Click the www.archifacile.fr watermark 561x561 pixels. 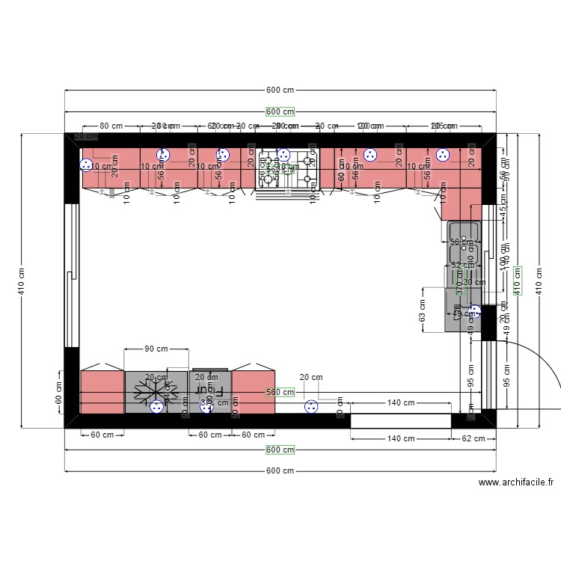tap(516, 484)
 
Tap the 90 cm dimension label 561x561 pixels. tap(156, 349)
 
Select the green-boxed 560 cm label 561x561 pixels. tap(280, 392)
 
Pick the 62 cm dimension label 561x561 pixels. tap(473, 438)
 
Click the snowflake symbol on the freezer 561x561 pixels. tap(156, 391)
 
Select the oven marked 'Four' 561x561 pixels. tap(209, 391)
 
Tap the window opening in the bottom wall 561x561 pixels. tap(401, 420)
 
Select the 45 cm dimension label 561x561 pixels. tap(503, 202)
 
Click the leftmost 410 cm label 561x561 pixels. tap(22, 280)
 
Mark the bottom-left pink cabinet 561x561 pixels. tap(102, 392)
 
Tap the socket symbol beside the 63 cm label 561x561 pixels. tap(474, 311)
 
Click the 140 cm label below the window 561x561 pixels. tap(401, 438)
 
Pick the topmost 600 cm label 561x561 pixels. tap(280, 90)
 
